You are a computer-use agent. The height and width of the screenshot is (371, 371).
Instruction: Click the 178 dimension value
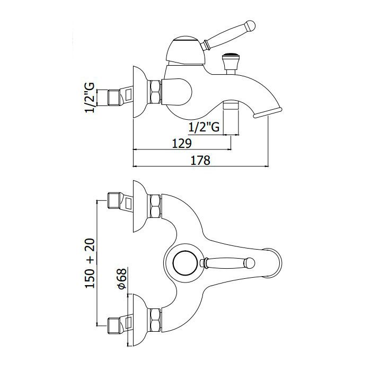point(200,160)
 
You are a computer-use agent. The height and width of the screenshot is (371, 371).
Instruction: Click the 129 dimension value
point(181,144)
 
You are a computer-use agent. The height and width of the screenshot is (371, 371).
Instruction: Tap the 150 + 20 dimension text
point(90,263)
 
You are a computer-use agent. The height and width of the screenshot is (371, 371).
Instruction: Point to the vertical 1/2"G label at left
point(90,98)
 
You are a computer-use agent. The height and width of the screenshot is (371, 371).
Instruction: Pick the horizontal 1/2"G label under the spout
point(204,127)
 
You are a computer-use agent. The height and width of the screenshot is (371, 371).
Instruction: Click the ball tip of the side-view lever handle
point(250,25)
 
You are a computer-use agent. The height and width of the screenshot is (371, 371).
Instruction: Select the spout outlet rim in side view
point(268,112)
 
